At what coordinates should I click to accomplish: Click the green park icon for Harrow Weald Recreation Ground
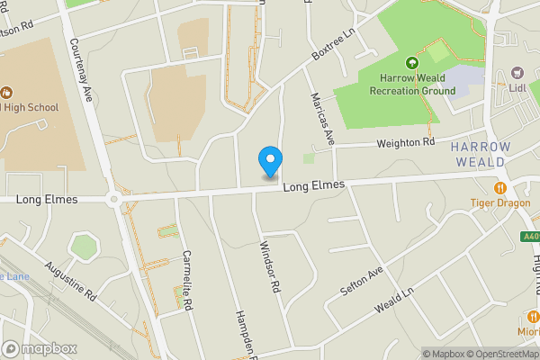(x=412, y=63)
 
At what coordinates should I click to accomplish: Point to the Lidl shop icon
(x=517, y=71)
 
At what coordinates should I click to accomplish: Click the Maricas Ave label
(x=322, y=118)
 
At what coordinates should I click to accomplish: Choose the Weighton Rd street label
(x=406, y=142)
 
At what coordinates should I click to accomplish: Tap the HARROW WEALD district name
(x=481, y=154)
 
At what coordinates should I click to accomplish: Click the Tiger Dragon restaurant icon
(x=500, y=188)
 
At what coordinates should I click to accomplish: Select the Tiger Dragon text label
(x=500, y=203)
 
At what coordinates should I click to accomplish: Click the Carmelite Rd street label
(x=188, y=280)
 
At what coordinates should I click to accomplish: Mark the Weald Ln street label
(x=394, y=299)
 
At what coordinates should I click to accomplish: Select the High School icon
(x=6, y=92)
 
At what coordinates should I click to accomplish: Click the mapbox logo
(x=40, y=348)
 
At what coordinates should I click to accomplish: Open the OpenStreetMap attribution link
(x=499, y=354)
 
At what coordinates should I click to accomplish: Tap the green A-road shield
(x=531, y=238)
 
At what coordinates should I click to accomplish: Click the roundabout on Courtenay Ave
(x=114, y=200)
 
